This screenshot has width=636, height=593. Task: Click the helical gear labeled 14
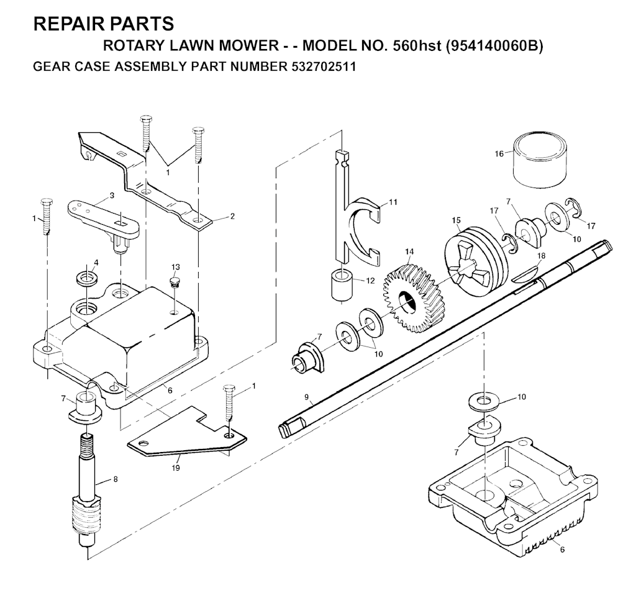(x=411, y=298)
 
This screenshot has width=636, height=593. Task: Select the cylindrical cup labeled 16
(x=540, y=160)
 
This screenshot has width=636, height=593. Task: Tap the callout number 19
(x=175, y=468)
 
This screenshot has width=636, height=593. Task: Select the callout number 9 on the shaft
(x=306, y=397)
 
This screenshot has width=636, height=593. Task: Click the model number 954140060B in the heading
(x=494, y=46)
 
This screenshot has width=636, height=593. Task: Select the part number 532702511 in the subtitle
(x=323, y=66)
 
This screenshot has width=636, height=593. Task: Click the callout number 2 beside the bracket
(x=232, y=216)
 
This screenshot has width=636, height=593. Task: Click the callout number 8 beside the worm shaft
(x=116, y=479)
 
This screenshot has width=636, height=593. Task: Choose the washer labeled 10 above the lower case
(x=483, y=402)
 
